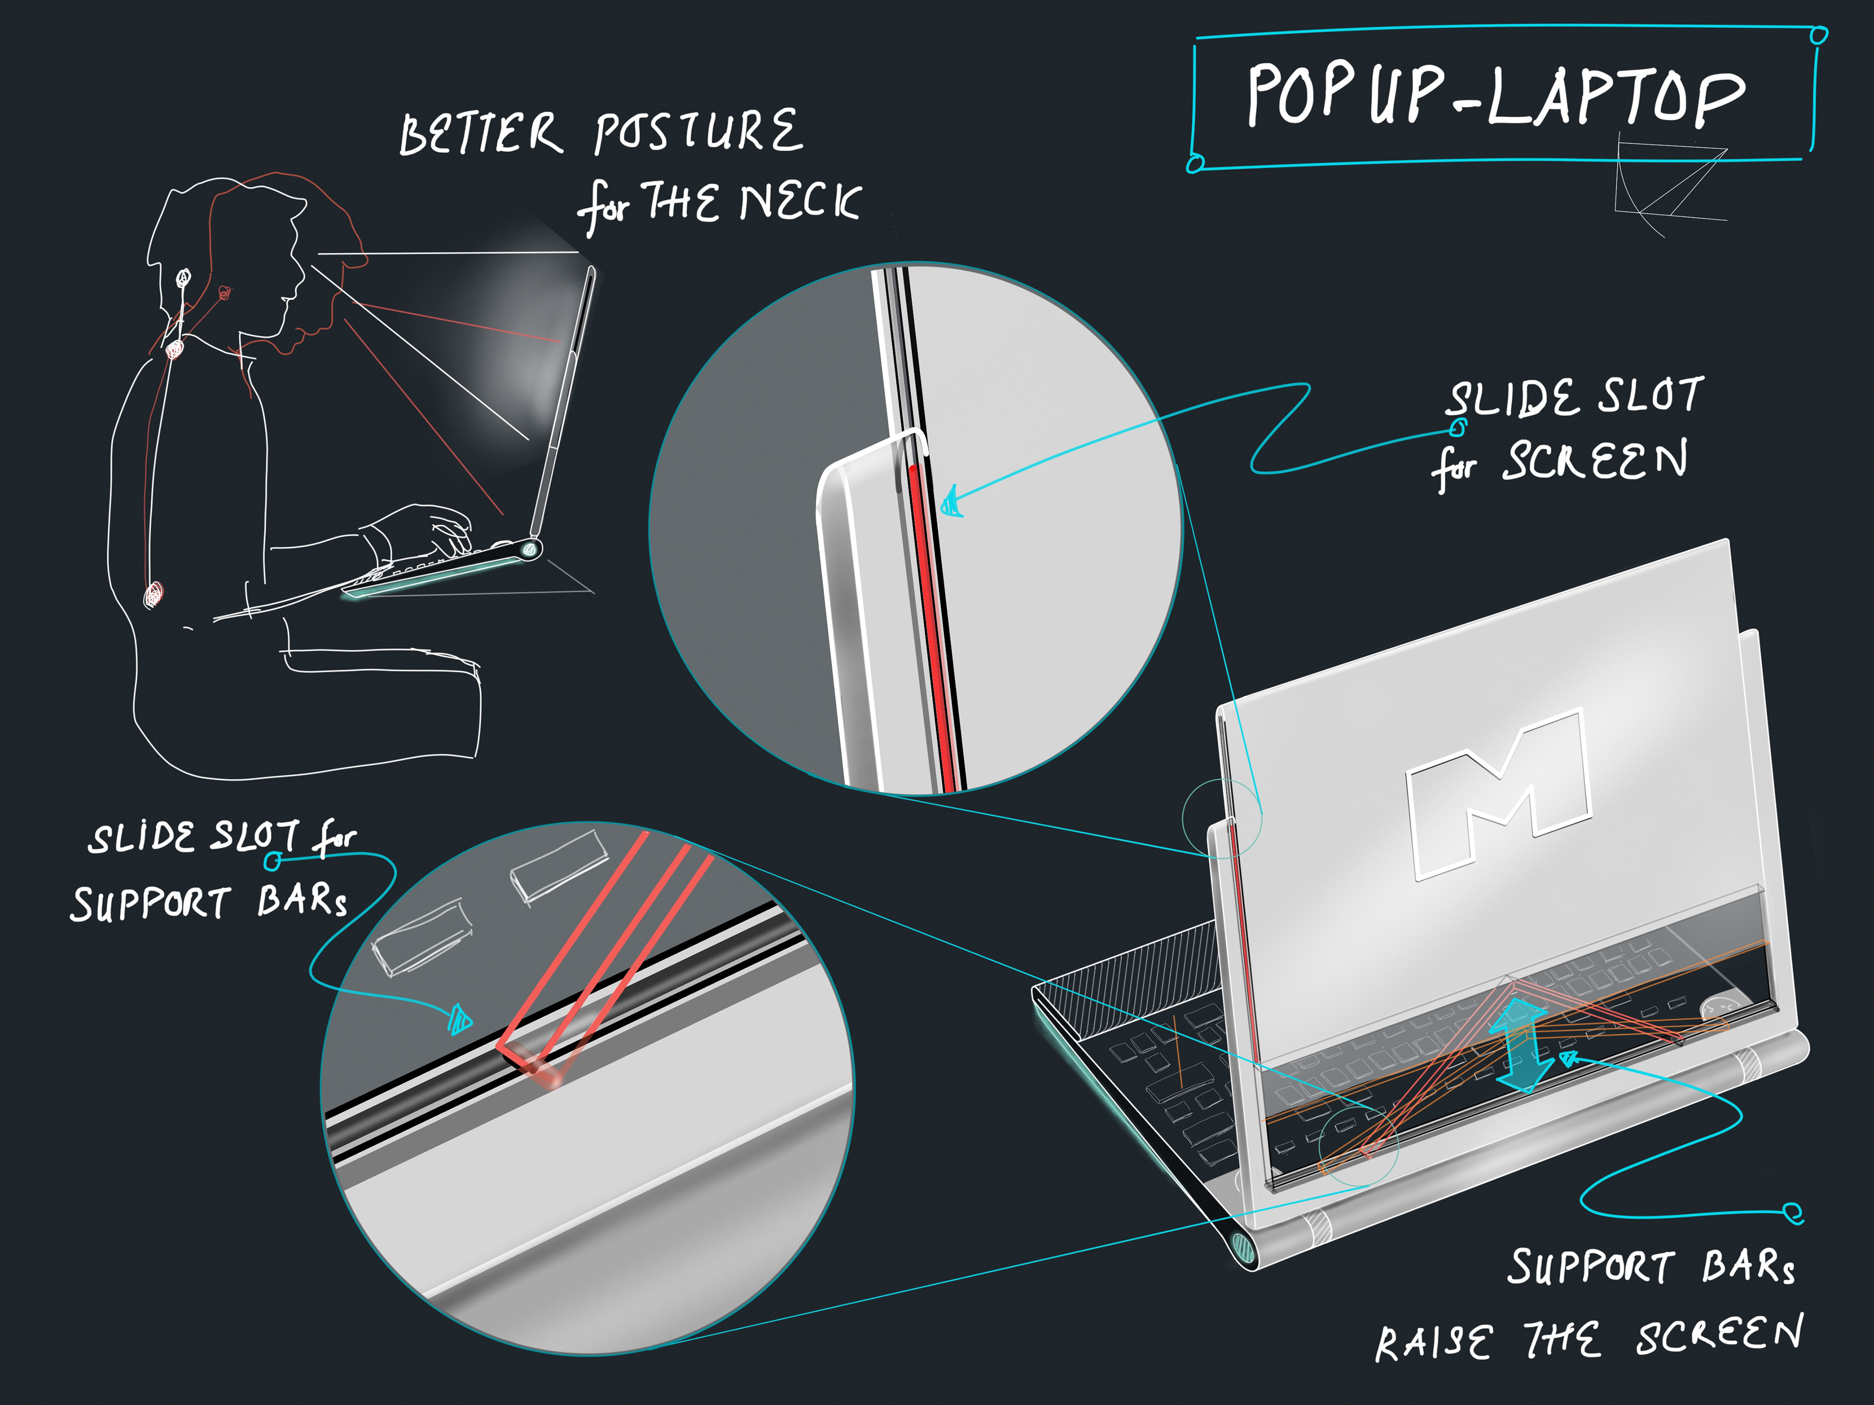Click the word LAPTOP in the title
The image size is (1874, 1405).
(1614, 95)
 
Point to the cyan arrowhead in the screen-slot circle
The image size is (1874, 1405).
(952, 503)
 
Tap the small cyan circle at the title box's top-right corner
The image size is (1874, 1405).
(1818, 35)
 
